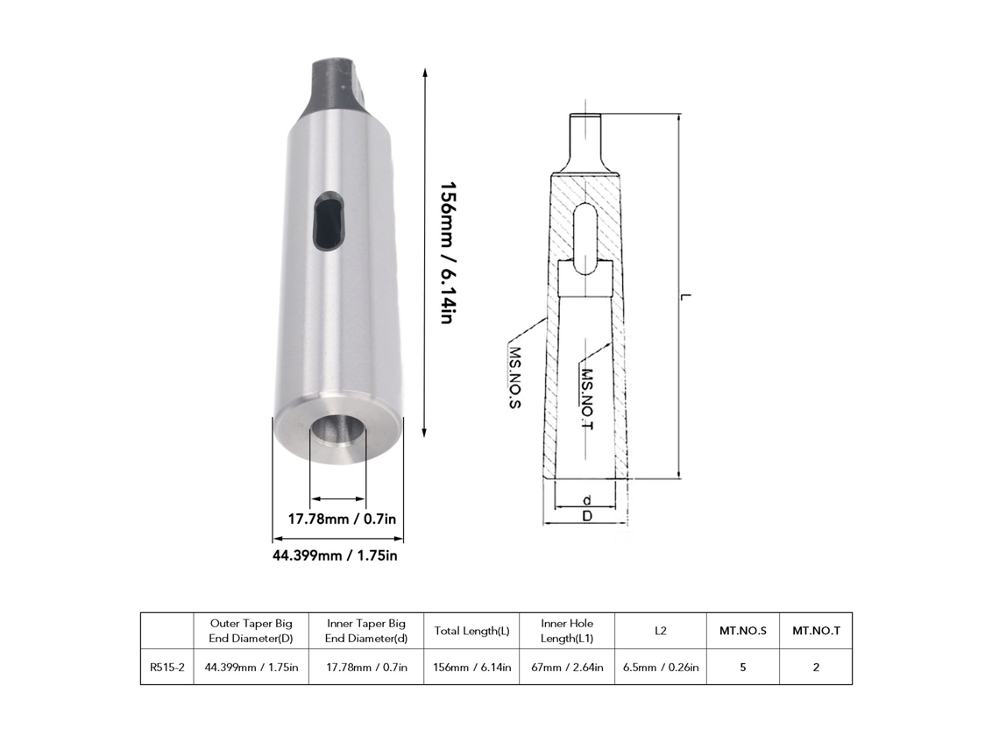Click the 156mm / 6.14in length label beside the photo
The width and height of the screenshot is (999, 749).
[448, 253]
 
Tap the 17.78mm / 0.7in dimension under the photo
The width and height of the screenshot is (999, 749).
[342, 519]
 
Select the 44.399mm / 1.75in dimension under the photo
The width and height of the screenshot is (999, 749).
[335, 555]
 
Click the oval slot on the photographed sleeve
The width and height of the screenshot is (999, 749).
[329, 221]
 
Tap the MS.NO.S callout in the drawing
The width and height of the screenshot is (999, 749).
[514, 377]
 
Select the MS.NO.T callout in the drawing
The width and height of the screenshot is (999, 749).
[587, 399]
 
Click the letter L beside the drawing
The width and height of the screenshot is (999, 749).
[685, 297]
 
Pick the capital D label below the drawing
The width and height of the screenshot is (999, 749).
[587, 516]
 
